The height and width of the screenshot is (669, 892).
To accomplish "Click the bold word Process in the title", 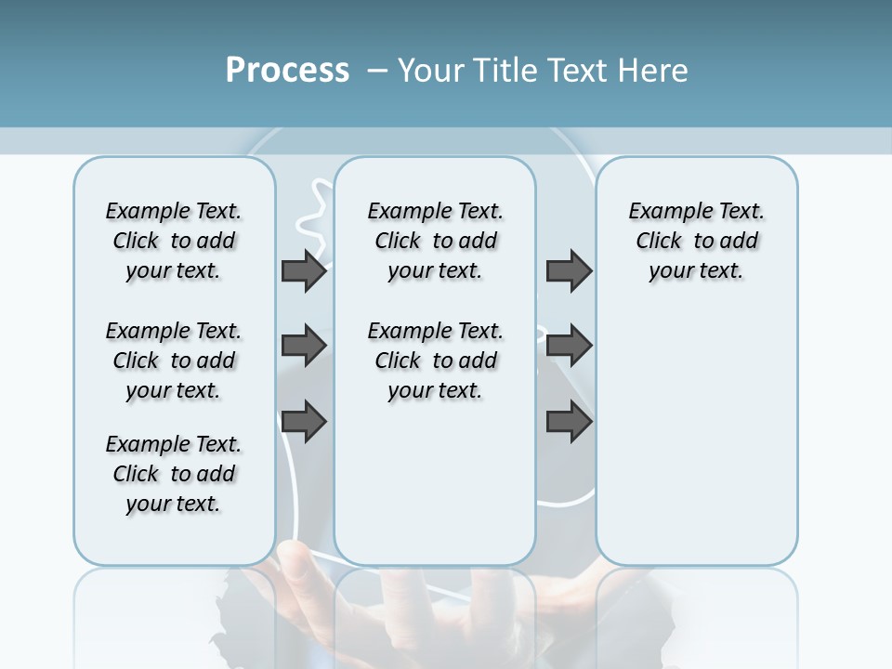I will click(287, 71).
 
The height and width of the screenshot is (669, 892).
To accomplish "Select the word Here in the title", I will click(653, 71).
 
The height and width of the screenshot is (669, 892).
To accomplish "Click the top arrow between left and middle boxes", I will click(304, 271).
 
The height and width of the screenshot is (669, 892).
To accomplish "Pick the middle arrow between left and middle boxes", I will click(304, 346).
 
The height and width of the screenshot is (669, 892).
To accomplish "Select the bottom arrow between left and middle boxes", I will click(304, 422).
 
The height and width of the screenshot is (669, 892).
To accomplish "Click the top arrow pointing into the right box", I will click(569, 271).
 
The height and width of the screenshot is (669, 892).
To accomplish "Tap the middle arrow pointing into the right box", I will click(569, 346).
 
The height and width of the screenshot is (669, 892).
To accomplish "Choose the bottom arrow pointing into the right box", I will click(569, 422).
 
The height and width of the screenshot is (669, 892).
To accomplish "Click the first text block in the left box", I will click(174, 241).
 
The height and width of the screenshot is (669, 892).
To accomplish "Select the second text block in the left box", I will click(174, 361).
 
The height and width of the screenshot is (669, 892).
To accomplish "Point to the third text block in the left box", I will click(174, 474).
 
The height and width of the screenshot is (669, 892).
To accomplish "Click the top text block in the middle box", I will click(435, 241).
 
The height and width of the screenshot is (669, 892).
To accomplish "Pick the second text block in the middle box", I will click(435, 361).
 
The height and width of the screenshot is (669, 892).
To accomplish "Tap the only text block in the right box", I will click(696, 241).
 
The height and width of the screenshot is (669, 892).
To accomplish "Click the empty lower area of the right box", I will click(696, 437).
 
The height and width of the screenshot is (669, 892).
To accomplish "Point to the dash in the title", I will click(377, 71).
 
